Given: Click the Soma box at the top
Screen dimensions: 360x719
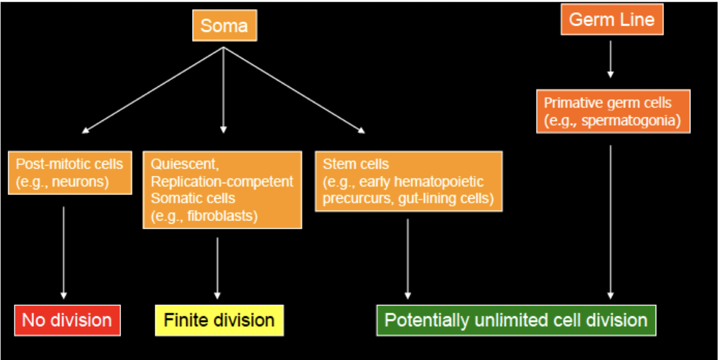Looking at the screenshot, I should (x=224, y=26).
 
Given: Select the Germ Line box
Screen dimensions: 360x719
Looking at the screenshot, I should (x=611, y=20).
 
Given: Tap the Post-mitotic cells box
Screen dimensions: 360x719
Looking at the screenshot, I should (x=70, y=172).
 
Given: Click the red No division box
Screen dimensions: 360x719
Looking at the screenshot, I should (x=67, y=320).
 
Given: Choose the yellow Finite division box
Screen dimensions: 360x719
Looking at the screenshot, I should (x=219, y=320).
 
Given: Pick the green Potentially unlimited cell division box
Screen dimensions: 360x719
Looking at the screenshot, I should (x=516, y=320).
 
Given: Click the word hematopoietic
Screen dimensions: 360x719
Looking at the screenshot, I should (x=439, y=182).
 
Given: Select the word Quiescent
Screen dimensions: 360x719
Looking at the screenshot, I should (x=184, y=164).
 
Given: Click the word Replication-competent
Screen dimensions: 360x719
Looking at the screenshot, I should (x=222, y=182).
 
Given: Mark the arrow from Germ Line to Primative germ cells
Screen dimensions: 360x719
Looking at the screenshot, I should (x=610, y=59).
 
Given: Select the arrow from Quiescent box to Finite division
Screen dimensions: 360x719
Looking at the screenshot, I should (x=217, y=267).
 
